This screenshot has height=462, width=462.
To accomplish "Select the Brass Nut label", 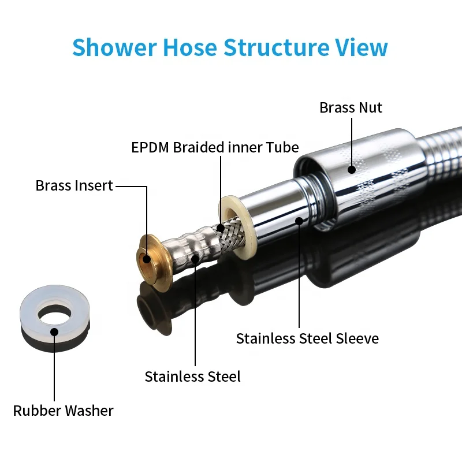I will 351,107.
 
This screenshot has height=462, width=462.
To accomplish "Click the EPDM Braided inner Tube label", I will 215,147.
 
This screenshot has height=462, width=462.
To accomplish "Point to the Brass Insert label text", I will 74,186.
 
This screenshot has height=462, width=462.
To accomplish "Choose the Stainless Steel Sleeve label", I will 307,338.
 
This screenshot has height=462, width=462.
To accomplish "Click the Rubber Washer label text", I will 63,411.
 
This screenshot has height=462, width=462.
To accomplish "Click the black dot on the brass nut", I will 351,169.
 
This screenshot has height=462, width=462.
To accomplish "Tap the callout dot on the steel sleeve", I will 299,220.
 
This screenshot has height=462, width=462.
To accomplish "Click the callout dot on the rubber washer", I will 54,331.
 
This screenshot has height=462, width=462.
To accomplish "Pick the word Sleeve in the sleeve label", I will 356,338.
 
